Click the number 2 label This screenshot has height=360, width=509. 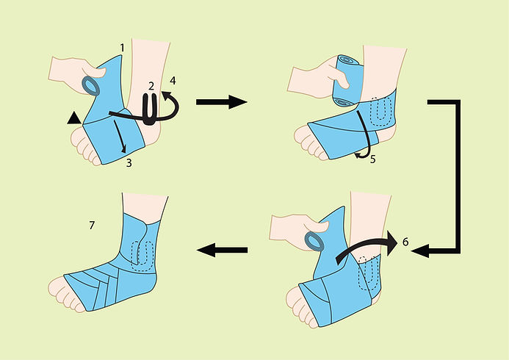[151, 87]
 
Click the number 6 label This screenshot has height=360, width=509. [405, 240]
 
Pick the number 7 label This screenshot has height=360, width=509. [91, 225]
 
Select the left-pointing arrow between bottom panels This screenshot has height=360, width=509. [220, 251]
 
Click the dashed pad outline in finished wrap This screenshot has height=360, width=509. [141, 251]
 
